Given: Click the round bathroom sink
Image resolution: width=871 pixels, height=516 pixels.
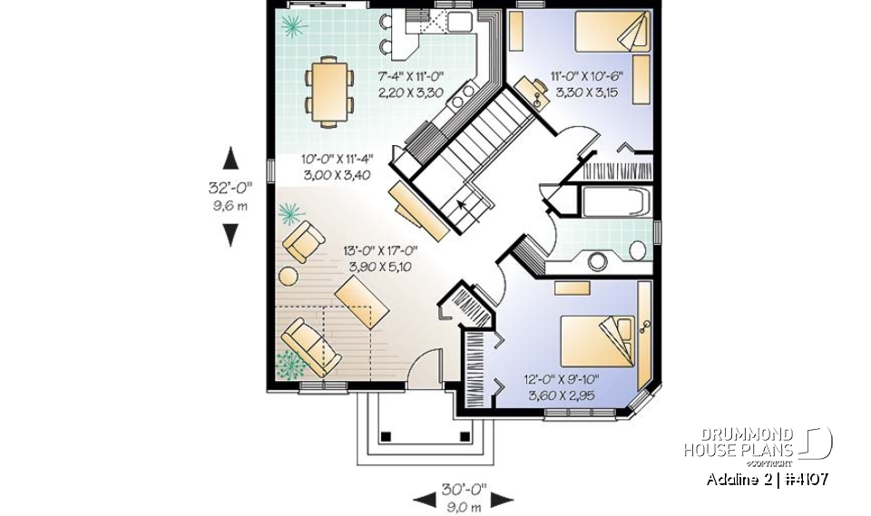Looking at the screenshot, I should click(599, 261).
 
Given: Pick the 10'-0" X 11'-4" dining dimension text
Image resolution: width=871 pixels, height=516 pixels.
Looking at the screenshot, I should click(336, 168).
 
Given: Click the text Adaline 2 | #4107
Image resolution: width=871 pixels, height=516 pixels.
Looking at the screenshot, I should click(767, 479).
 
